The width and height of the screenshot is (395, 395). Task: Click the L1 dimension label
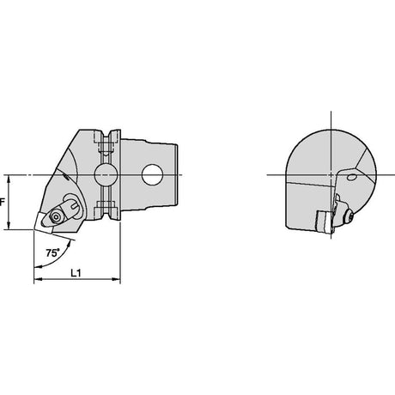[x=76, y=273]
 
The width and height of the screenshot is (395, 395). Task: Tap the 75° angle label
[x=52, y=252]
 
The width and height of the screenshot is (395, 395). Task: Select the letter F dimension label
[x=3, y=203]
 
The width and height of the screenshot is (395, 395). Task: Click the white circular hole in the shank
[x=152, y=174]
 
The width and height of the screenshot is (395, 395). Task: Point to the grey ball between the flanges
[x=106, y=174]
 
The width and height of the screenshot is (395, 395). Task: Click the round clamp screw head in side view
[x=56, y=217]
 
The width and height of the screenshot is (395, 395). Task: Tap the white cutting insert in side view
[x=43, y=222]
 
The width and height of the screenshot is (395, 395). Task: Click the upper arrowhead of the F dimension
[x=9, y=179]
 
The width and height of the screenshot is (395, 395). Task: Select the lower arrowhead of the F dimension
[x=9, y=225]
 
